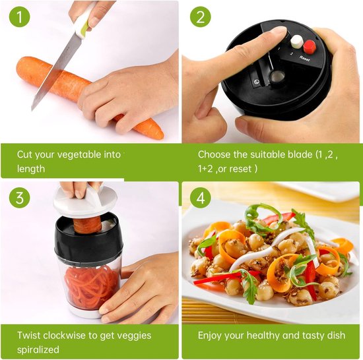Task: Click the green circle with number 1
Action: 24,16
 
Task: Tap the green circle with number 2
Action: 201,16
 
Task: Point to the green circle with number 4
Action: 201,197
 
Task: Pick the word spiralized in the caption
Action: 38,349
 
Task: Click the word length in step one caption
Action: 31,169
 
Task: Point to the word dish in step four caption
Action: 336,335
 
